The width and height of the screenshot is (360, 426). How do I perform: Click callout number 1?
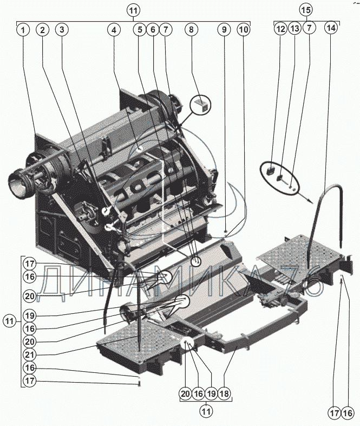click(x=23, y=30)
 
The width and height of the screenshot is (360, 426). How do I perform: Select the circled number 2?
click(x=42, y=30)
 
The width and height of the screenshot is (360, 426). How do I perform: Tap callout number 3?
click(x=62, y=30)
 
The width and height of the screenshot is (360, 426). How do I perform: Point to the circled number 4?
click(x=114, y=30)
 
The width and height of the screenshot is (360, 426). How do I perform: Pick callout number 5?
click(x=140, y=30)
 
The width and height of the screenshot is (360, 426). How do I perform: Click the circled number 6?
click(x=153, y=30)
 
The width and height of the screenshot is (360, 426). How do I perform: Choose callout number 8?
click(x=192, y=30)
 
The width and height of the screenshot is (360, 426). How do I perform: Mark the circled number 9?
click(x=224, y=30)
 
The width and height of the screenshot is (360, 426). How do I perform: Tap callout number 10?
click(x=244, y=30)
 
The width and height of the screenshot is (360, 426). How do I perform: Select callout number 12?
click(x=280, y=28)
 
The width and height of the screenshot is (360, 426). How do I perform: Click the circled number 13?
click(x=295, y=28)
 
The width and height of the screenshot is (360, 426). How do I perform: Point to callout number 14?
click(x=331, y=28)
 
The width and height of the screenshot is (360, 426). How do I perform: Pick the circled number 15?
click(x=306, y=10)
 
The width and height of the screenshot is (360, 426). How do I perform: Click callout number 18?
click(x=224, y=393)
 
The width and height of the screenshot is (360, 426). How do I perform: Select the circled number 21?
click(x=30, y=354)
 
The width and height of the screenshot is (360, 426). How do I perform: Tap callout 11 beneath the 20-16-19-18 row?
click(x=206, y=411)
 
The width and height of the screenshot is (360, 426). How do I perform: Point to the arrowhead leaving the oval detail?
click(x=310, y=201)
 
